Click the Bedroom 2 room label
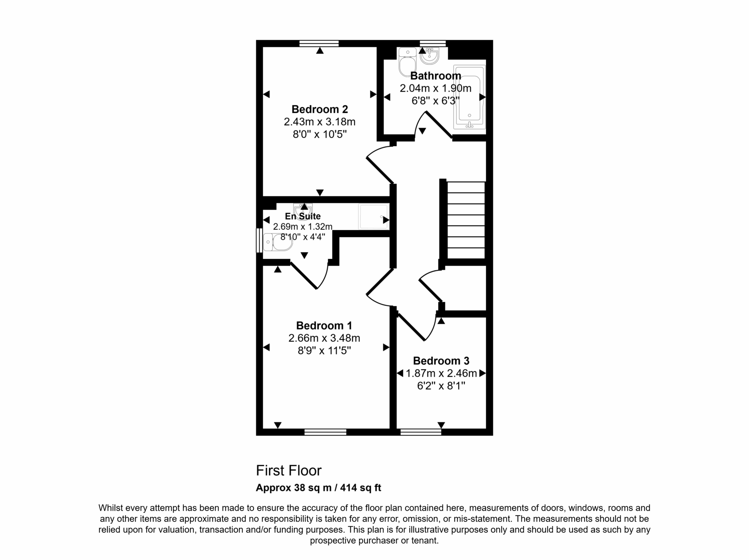[x=320, y=109]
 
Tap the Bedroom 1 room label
[x=324, y=326]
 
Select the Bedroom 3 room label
[x=441, y=361]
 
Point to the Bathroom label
[x=436, y=76]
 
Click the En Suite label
[x=303, y=216]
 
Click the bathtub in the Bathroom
[x=470, y=97]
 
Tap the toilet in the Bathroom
[x=407, y=62]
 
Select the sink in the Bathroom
[x=429, y=55]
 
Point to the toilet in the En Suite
[x=278, y=242]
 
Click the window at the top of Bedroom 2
[x=319, y=44]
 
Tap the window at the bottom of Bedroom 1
[x=325, y=432]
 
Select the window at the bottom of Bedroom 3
[x=421, y=432]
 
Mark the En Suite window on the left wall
[x=259, y=240]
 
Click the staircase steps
[x=466, y=220]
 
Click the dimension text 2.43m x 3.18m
[x=320, y=122]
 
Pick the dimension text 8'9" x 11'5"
[x=324, y=351]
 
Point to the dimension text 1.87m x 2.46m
[x=441, y=373]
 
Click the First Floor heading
[x=289, y=471]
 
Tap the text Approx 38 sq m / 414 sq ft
[x=319, y=488]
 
